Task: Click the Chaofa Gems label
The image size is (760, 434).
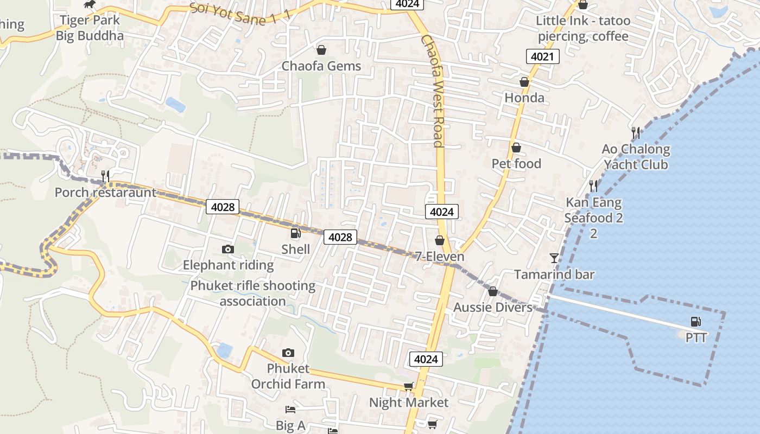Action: click(321, 66)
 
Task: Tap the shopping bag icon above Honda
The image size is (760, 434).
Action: click(524, 82)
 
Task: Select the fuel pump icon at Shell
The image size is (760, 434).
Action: click(296, 234)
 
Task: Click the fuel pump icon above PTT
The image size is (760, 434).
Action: click(695, 322)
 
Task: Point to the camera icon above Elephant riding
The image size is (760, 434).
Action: click(228, 249)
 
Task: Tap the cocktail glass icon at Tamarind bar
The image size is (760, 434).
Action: click(554, 258)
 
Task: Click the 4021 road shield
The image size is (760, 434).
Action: click(542, 56)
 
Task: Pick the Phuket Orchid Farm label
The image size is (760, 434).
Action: click(288, 376)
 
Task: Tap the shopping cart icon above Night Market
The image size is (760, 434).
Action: click(408, 387)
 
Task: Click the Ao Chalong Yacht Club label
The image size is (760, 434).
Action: click(636, 157)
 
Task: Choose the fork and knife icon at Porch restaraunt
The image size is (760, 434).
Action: click(105, 176)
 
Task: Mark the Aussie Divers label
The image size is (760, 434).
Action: click(493, 308)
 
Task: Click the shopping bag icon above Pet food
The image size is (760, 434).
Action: click(516, 148)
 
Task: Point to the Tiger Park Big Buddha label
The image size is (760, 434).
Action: click(90, 28)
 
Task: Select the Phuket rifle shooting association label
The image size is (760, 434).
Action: click(252, 293)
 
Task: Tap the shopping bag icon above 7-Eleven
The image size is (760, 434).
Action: click(439, 240)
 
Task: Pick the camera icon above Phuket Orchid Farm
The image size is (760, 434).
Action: click(288, 353)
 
